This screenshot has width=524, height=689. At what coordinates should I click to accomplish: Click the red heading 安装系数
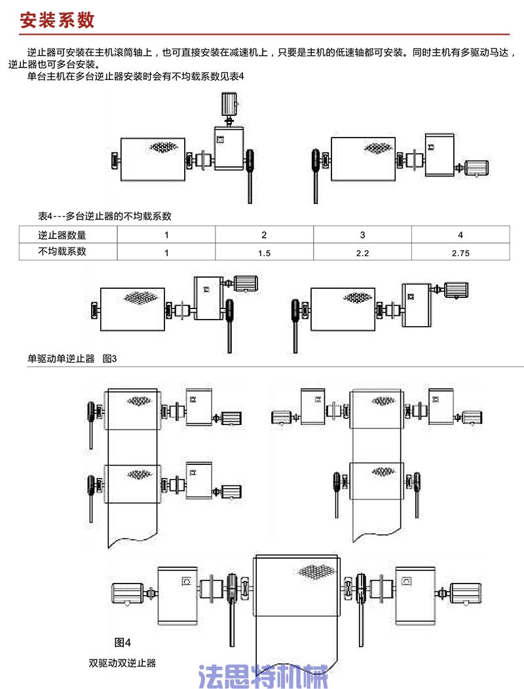pos(58,20)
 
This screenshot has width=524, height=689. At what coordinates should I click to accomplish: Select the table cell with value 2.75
pos(460,252)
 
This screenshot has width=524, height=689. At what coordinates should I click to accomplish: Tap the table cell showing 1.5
pos(264,252)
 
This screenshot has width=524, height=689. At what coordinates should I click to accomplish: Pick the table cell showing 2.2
pos(362,252)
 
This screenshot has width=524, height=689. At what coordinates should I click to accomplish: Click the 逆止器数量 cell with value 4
pos(460,235)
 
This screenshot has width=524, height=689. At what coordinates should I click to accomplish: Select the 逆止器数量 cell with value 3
pos(362,235)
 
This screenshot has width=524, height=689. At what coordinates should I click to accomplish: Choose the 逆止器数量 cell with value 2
pos(264,235)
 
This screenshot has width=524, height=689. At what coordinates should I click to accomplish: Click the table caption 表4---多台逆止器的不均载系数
pos(105,215)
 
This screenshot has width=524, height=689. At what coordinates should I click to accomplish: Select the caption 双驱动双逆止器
pos(122,663)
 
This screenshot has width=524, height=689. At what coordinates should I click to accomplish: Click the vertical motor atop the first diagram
pos(229,103)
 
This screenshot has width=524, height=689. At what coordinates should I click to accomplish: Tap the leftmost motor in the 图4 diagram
pos(130,593)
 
